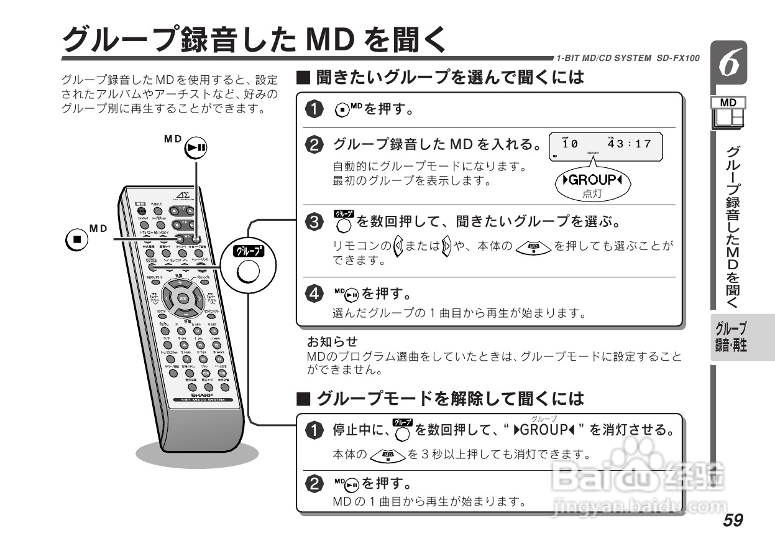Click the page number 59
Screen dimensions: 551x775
(733, 520)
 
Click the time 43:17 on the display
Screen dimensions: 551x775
(629, 144)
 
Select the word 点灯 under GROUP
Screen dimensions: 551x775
(592, 194)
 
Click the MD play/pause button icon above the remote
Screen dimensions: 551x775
(197, 147)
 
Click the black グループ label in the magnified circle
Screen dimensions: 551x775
(247, 251)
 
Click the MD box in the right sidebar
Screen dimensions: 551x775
(728, 102)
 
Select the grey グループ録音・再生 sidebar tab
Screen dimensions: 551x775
(732, 336)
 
